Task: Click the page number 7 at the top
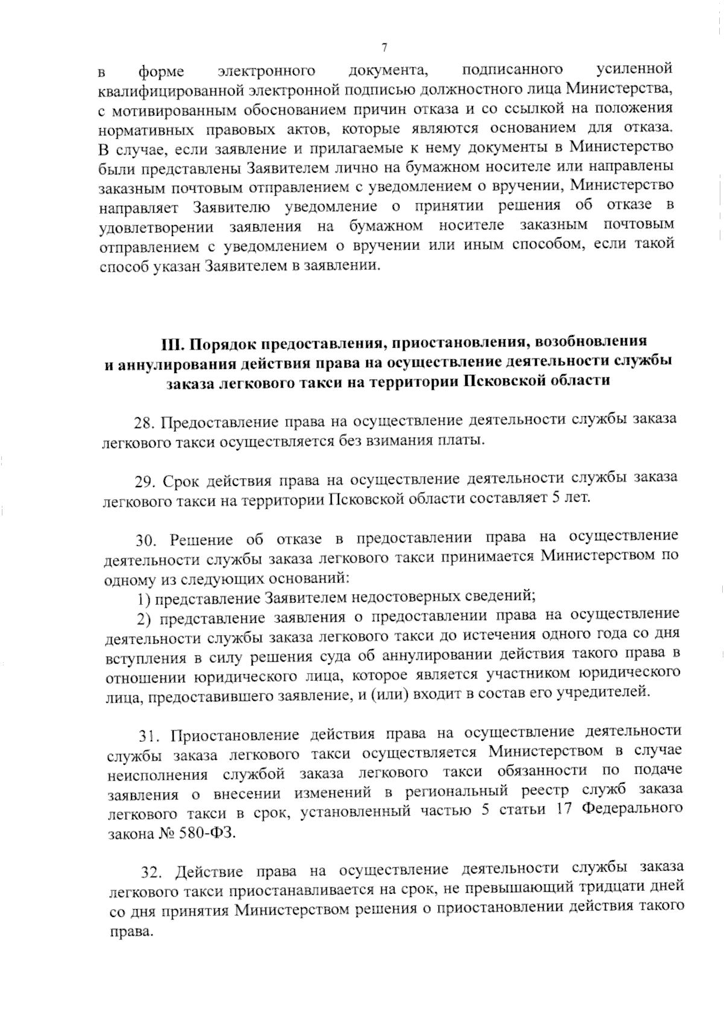384,48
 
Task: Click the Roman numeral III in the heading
172,344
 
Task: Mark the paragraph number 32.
152,872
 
